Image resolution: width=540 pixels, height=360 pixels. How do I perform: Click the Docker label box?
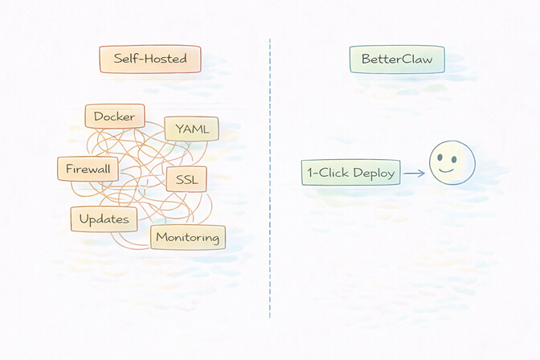[x=115, y=117]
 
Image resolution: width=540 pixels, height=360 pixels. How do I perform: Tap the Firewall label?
[x=88, y=169]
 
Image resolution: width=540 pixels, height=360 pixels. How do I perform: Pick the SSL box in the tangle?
[x=186, y=179]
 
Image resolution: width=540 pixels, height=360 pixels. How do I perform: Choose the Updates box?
[x=104, y=219]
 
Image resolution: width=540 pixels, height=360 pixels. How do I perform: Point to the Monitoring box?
[x=188, y=237]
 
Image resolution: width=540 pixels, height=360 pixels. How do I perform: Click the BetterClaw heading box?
[x=396, y=59]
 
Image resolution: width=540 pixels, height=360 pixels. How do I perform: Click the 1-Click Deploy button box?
[x=350, y=173]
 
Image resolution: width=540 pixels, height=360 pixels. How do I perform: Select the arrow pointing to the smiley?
[x=413, y=173]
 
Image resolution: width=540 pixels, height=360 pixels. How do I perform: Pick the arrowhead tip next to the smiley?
[x=423, y=173]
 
